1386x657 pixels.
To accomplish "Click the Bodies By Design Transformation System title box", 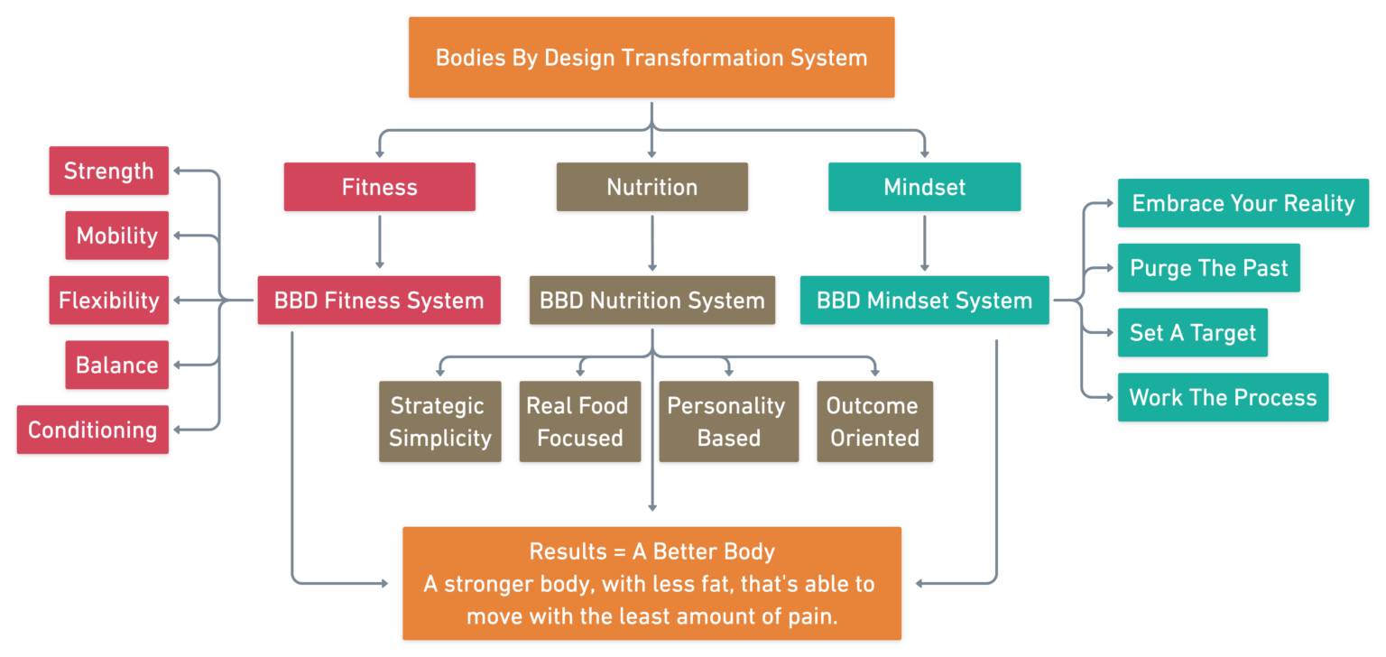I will pos(651,57).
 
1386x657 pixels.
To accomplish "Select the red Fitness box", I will pos(379,187).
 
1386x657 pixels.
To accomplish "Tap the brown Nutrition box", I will pos(651,187).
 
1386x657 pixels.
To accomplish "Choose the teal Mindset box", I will pos(924,187).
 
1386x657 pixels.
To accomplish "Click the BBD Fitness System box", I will pos(379,301).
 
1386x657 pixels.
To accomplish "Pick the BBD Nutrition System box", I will pos(651,301).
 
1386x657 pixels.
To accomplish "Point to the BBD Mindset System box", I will pos(924,301).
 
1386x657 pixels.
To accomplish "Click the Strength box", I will pos(108,171).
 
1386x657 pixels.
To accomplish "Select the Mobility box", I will pos(116,236).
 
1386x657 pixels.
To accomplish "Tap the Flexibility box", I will pos(108,301).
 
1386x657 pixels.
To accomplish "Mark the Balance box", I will pos(116,365).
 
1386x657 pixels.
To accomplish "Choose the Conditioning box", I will pos(92,430).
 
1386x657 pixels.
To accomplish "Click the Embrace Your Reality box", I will pos(1243,203).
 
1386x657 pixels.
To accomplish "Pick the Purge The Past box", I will pos(1208,268).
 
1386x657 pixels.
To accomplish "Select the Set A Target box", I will pos(1192,332).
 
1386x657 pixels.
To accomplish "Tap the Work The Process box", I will pos(1223,397).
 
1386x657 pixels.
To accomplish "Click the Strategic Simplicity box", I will pos(439,421).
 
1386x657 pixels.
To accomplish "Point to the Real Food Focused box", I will pos(579,421).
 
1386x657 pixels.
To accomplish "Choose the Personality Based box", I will pos(728,421).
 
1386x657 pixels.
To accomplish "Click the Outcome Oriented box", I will pos(874,421).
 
